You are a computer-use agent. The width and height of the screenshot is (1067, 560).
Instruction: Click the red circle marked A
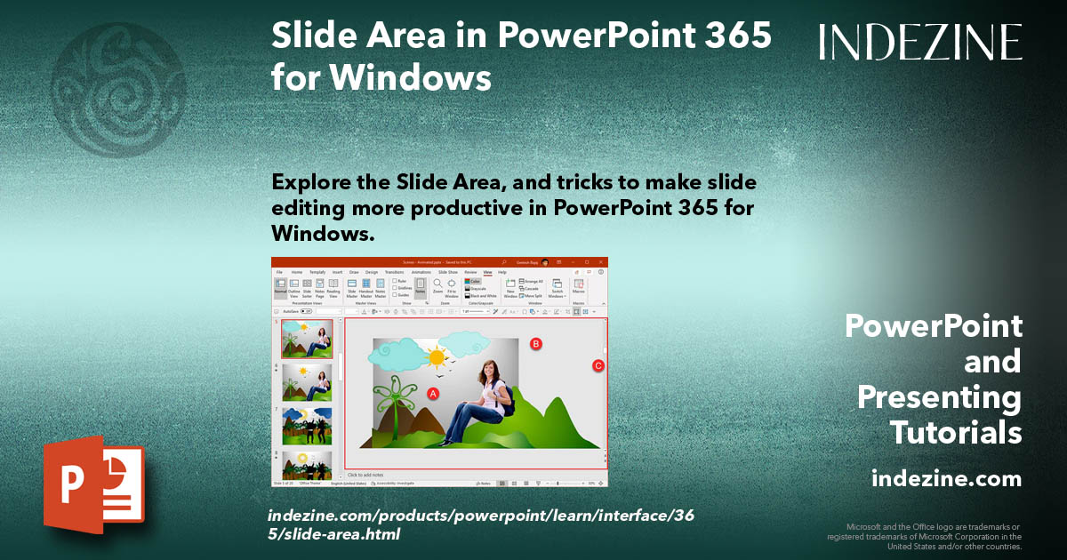[434, 393]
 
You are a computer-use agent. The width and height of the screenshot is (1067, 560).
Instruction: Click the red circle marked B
[536, 343]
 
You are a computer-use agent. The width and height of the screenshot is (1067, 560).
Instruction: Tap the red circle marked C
[598, 365]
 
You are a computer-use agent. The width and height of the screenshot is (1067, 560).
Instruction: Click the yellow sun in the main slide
[436, 357]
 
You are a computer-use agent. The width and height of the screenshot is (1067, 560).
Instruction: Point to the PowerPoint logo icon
[93, 485]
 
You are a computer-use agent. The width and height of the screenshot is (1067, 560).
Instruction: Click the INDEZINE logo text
[920, 42]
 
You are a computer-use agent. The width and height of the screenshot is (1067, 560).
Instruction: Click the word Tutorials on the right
[956, 433]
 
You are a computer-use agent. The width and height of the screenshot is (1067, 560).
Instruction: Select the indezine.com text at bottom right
[946, 479]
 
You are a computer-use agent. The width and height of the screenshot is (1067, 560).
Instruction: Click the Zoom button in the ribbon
[437, 286]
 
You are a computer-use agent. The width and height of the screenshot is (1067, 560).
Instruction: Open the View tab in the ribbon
[487, 272]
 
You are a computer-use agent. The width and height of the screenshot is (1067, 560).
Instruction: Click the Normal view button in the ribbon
[280, 286]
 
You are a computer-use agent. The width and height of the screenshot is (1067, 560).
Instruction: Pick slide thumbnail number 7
[307, 426]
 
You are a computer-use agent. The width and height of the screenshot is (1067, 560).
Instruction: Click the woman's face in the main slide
[490, 370]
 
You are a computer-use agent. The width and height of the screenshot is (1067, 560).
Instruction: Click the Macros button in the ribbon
[578, 286]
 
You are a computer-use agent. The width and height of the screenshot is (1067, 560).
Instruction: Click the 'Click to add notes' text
[367, 476]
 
